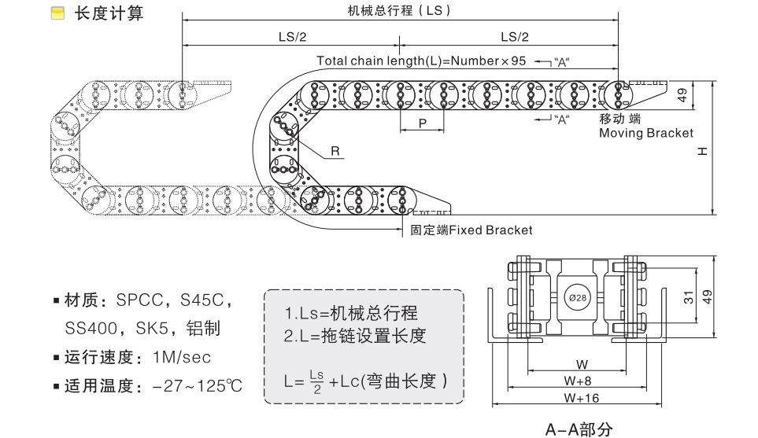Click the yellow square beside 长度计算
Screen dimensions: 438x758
tap(57, 13)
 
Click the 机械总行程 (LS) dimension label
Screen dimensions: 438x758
tap(400, 12)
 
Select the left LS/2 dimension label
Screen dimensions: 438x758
tap(292, 37)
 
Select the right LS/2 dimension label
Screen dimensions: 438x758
tap(515, 37)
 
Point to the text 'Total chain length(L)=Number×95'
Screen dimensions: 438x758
tap(420, 61)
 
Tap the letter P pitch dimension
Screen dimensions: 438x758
tap(423, 123)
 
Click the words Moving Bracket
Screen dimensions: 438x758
tap(645, 133)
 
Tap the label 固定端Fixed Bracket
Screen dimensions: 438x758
tap(471, 230)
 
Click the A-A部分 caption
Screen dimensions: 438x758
tap(579, 429)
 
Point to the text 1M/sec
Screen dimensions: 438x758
tap(183, 357)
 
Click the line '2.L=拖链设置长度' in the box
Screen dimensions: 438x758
tap(355, 336)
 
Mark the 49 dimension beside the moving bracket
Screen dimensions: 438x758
tap(682, 94)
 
